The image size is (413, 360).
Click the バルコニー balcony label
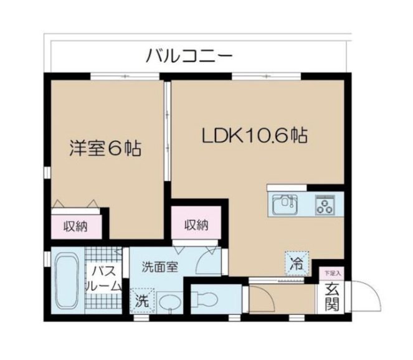pyautogui.click(x=189, y=57)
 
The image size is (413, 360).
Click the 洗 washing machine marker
pyautogui.click(x=143, y=300)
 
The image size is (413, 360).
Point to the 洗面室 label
pyautogui.click(x=159, y=268)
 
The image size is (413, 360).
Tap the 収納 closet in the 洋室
pyautogui.click(x=77, y=227)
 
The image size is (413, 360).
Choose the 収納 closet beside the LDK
pyautogui.click(x=195, y=225)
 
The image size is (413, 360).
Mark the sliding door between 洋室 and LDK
pyautogui.click(x=166, y=131)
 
